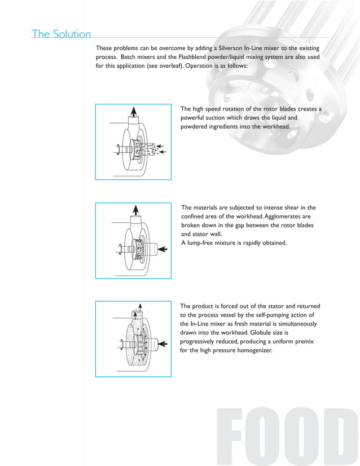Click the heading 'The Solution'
point(62,34)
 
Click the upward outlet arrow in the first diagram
point(133,111)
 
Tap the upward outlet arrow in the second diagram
point(135,209)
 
